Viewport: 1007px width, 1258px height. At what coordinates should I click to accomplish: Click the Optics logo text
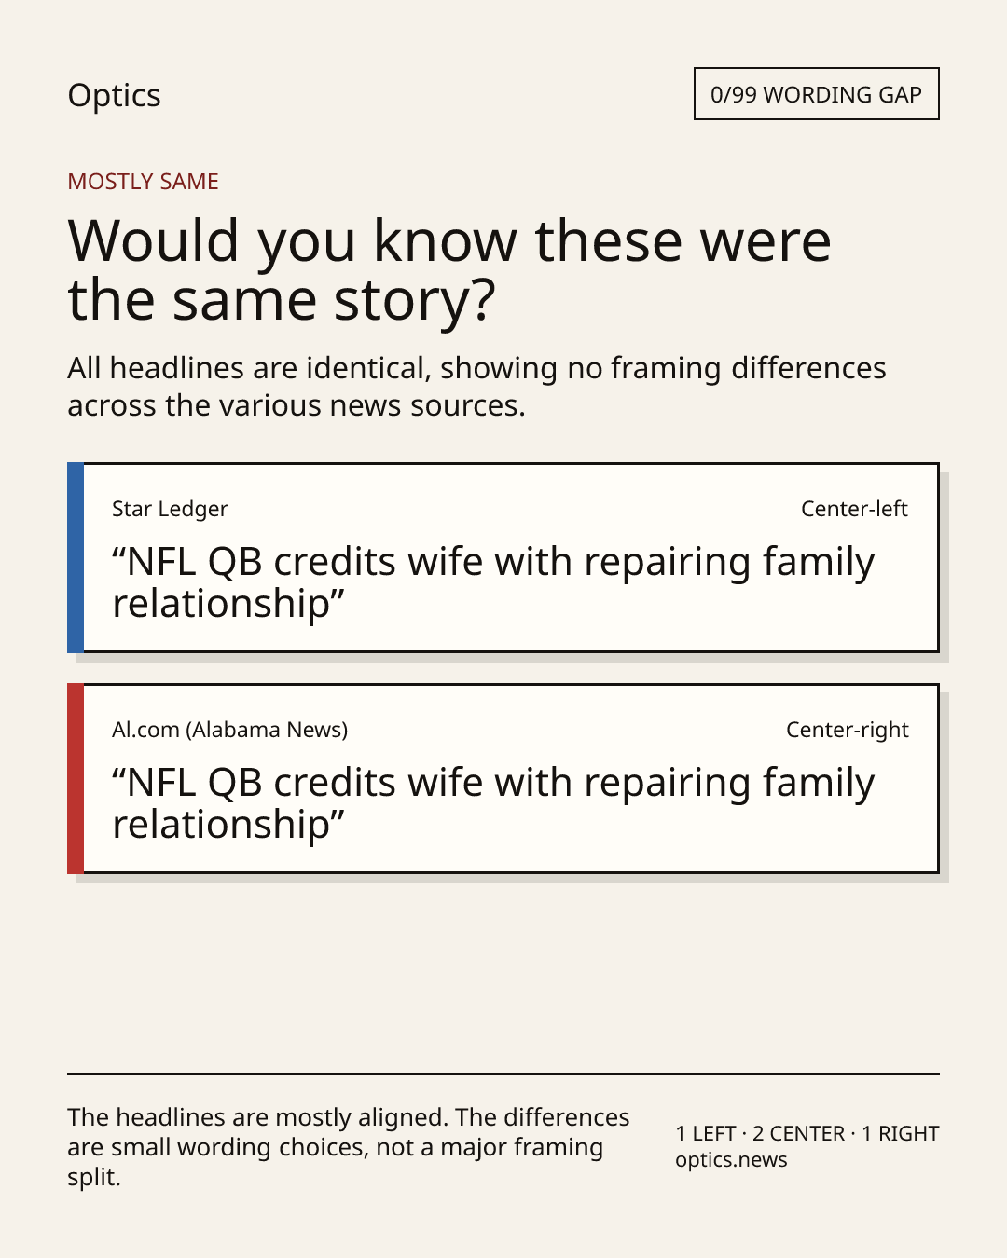click(114, 95)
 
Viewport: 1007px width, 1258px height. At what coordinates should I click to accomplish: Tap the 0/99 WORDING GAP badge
click(816, 93)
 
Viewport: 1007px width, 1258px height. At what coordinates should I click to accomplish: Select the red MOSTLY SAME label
click(143, 181)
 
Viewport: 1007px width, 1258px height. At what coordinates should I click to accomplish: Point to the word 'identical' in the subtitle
click(368, 368)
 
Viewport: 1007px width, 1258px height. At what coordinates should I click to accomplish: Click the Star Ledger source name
click(170, 509)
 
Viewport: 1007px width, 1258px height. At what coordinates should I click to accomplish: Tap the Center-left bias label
click(854, 509)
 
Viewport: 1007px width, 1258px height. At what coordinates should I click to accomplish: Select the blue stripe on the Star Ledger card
click(76, 557)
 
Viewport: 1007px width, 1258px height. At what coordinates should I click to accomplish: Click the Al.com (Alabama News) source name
click(230, 730)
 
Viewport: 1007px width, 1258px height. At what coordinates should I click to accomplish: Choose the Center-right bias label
click(848, 730)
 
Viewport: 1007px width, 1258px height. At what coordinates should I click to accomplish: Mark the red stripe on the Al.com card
click(76, 778)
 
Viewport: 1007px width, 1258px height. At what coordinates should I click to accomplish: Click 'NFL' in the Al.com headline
click(161, 782)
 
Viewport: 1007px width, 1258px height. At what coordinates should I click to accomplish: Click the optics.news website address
click(731, 1160)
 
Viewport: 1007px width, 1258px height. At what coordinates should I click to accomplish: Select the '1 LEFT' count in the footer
click(706, 1133)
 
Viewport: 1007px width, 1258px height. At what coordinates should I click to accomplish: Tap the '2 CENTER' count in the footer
click(799, 1133)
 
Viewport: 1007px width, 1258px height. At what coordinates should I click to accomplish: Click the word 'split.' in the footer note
click(94, 1177)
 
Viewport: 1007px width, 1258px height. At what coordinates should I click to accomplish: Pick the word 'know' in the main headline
click(446, 240)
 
